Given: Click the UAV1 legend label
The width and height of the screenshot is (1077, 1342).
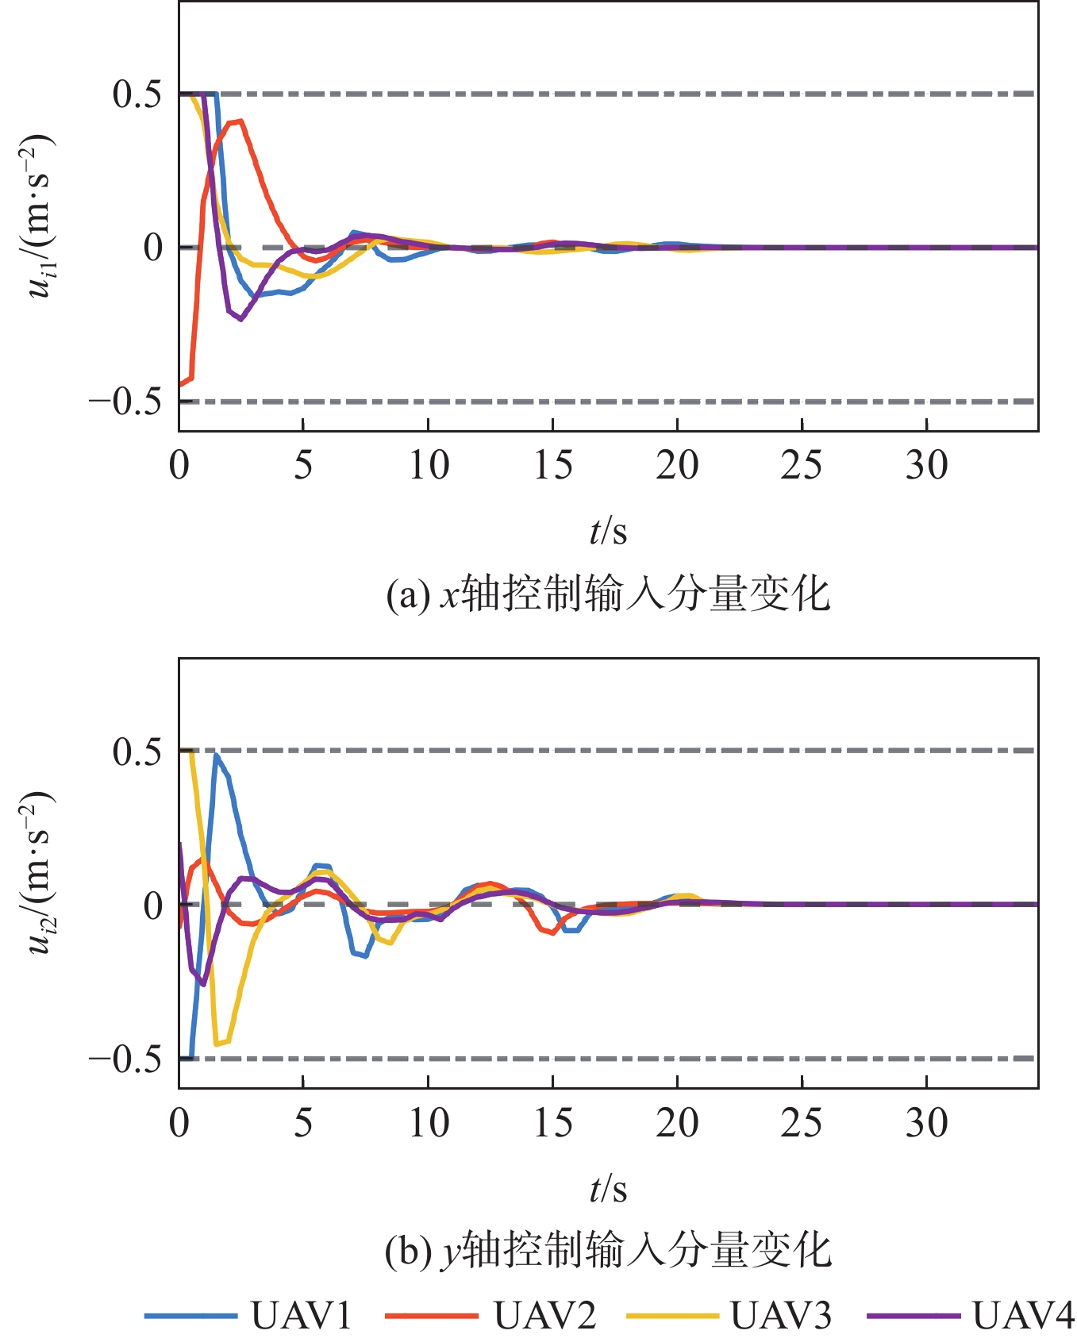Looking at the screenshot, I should (302, 1315).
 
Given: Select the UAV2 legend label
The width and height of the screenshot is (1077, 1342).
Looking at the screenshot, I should (544, 1315).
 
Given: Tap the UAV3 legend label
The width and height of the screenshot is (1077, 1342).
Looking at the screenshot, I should (781, 1315).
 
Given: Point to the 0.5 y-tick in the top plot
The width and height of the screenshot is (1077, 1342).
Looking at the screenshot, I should (137, 94).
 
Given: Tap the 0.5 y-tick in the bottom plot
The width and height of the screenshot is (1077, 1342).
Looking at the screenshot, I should (137, 751).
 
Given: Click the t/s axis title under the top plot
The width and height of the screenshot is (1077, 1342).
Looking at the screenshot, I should (608, 530).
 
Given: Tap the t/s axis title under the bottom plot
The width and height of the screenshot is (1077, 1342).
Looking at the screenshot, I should (608, 1188).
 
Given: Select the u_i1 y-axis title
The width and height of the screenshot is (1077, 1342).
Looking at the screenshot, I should (40, 216).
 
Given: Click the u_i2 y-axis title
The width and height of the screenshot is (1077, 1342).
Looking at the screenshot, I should (40, 873).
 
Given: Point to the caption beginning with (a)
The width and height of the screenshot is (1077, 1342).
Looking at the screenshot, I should (608, 594).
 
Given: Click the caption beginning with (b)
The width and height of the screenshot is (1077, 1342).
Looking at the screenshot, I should (608, 1251).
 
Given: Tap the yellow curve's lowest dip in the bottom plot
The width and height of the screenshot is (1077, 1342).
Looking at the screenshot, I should (217, 1044).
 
